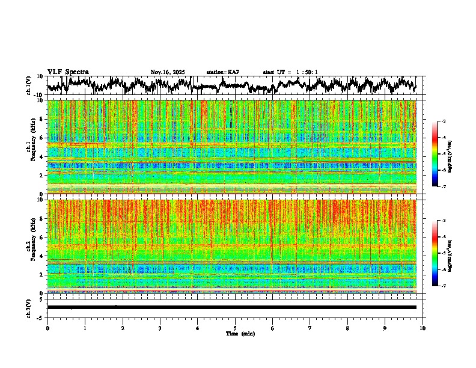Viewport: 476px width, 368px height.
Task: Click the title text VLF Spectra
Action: [68, 72]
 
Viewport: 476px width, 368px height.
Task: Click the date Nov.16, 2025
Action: [167, 72]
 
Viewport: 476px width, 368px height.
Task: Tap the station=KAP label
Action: [222, 72]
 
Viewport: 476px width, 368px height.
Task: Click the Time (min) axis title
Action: [240, 333]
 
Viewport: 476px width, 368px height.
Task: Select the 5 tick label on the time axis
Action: [235, 328]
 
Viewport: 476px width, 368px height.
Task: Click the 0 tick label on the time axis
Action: [47, 328]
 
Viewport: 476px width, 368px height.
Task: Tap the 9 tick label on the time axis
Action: [385, 328]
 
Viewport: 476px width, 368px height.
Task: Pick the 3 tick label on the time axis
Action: [160, 328]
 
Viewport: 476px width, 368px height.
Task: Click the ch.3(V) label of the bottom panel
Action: [28, 307]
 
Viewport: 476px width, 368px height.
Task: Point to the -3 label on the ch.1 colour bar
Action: [443, 121]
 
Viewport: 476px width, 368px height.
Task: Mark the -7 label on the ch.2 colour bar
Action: [443, 286]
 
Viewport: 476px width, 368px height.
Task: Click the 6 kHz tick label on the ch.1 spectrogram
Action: [43, 138]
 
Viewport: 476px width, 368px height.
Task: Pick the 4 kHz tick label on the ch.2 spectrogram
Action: [43, 256]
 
